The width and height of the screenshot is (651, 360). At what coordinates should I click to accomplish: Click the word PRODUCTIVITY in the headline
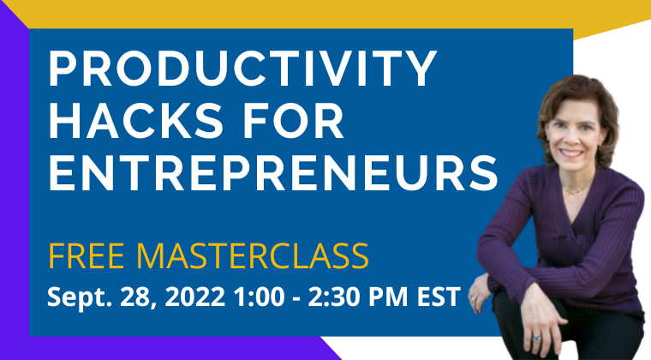(x=243, y=68)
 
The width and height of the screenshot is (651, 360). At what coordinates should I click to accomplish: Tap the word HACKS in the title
(x=136, y=120)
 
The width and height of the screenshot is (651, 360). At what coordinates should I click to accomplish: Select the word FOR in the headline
(x=294, y=120)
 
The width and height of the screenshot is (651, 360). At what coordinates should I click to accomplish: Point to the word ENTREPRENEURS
(x=273, y=173)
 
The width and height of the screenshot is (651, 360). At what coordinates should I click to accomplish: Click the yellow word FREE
(x=87, y=256)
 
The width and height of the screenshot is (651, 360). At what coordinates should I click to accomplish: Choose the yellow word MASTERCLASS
(x=252, y=256)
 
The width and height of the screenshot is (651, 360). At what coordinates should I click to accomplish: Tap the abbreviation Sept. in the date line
(x=80, y=297)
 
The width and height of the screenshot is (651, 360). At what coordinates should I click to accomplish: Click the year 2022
(x=195, y=297)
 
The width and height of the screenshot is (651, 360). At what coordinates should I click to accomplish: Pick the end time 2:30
(x=334, y=297)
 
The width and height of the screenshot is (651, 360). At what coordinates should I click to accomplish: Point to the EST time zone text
(x=439, y=297)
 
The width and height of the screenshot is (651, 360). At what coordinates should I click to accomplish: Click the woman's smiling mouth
(x=570, y=153)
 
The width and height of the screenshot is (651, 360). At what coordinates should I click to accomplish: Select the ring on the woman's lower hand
(x=536, y=338)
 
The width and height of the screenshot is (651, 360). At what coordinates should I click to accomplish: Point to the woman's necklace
(x=577, y=190)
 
